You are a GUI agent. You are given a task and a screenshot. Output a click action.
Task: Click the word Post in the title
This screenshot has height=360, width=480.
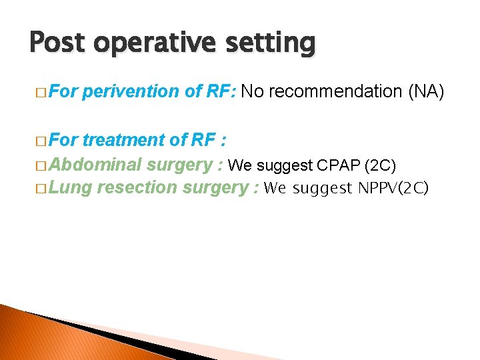58,43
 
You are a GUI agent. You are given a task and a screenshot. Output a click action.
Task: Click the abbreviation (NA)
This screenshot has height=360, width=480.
425,91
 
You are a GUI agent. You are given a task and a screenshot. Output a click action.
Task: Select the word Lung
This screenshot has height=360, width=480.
71,188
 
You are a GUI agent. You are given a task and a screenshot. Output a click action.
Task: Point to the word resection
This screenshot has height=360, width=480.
136,188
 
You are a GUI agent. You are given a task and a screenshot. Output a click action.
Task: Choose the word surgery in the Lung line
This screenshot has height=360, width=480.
215,188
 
